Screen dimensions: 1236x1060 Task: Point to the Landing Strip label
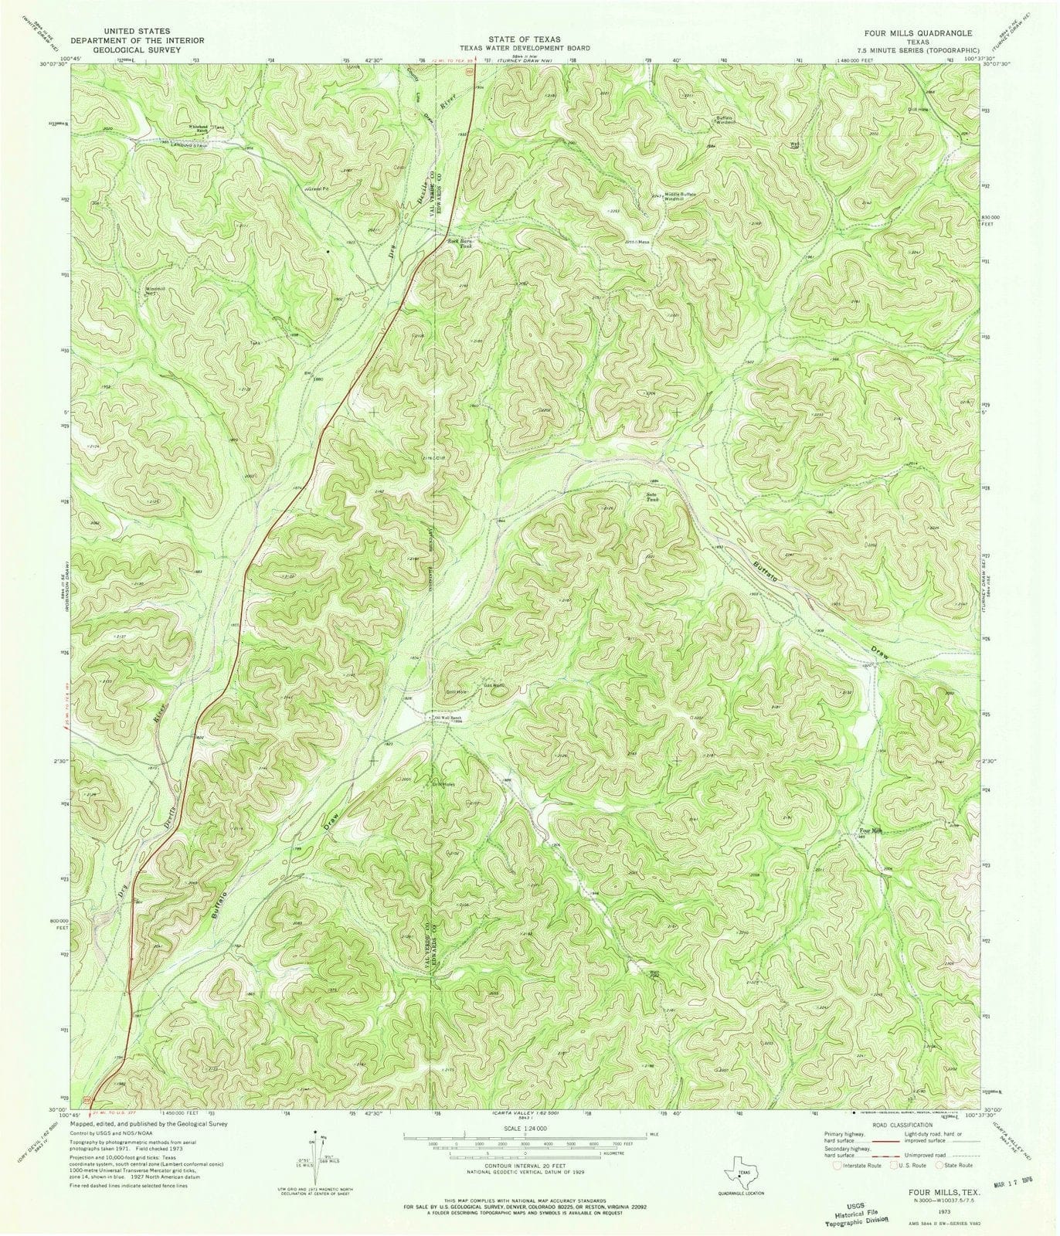coord(189,145)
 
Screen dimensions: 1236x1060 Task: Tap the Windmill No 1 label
coord(157,292)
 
